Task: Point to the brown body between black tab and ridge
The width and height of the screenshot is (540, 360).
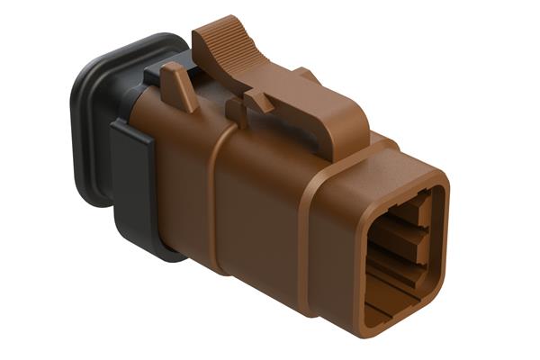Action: tap(180, 180)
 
